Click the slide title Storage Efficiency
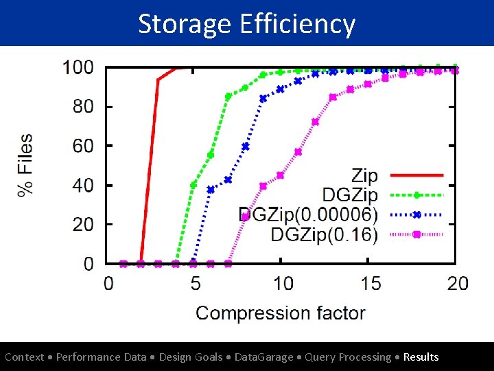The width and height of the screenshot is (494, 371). (x=247, y=23)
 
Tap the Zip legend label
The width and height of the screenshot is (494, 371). (x=364, y=176)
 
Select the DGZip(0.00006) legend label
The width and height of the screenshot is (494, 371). (x=308, y=214)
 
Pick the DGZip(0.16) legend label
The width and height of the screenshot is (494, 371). (x=325, y=234)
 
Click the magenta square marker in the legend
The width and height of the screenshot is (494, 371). (x=416, y=234)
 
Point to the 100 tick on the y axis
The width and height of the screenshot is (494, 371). (x=78, y=67)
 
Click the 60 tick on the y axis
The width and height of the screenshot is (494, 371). (x=83, y=146)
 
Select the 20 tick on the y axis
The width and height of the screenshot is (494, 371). (x=83, y=225)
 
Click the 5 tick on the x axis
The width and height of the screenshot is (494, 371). (x=194, y=283)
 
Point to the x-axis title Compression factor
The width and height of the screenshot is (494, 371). (x=281, y=313)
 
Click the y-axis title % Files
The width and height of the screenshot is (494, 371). (x=25, y=165)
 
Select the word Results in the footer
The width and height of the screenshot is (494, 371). (x=421, y=357)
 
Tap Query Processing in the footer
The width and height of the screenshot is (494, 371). (x=349, y=357)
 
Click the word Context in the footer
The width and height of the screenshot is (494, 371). (x=24, y=357)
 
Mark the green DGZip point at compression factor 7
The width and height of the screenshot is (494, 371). (x=228, y=97)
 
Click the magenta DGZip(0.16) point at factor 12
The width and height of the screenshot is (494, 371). (x=316, y=122)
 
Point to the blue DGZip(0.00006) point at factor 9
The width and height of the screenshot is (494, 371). (x=263, y=98)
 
